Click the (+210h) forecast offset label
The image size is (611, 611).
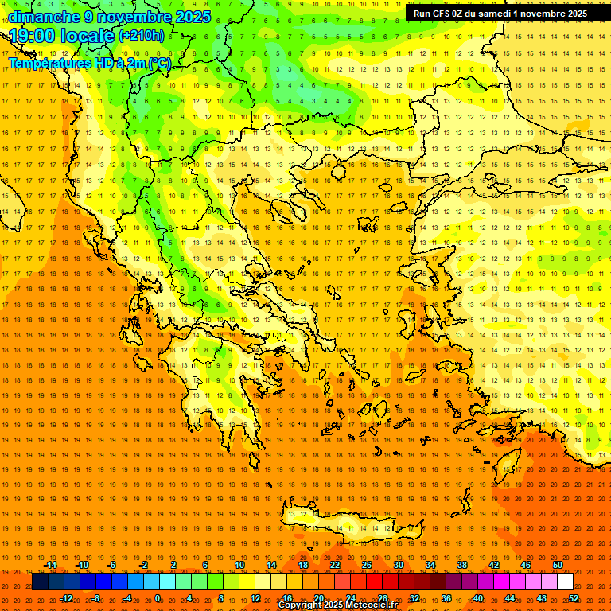click(x=142, y=36)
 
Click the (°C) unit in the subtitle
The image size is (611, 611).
click(x=160, y=63)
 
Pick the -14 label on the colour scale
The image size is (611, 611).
click(x=51, y=565)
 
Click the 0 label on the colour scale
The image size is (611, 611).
click(x=158, y=598)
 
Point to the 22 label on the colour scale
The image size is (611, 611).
click(x=335, y=565)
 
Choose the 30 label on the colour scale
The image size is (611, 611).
click(x=399, y=565)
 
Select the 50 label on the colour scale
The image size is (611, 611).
click(x=558, y=565)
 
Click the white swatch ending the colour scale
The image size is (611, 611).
click(x=565, y=582)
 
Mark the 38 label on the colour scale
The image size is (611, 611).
click(x=462, y=565)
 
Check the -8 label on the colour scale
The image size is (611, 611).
click(x=96, y=598)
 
